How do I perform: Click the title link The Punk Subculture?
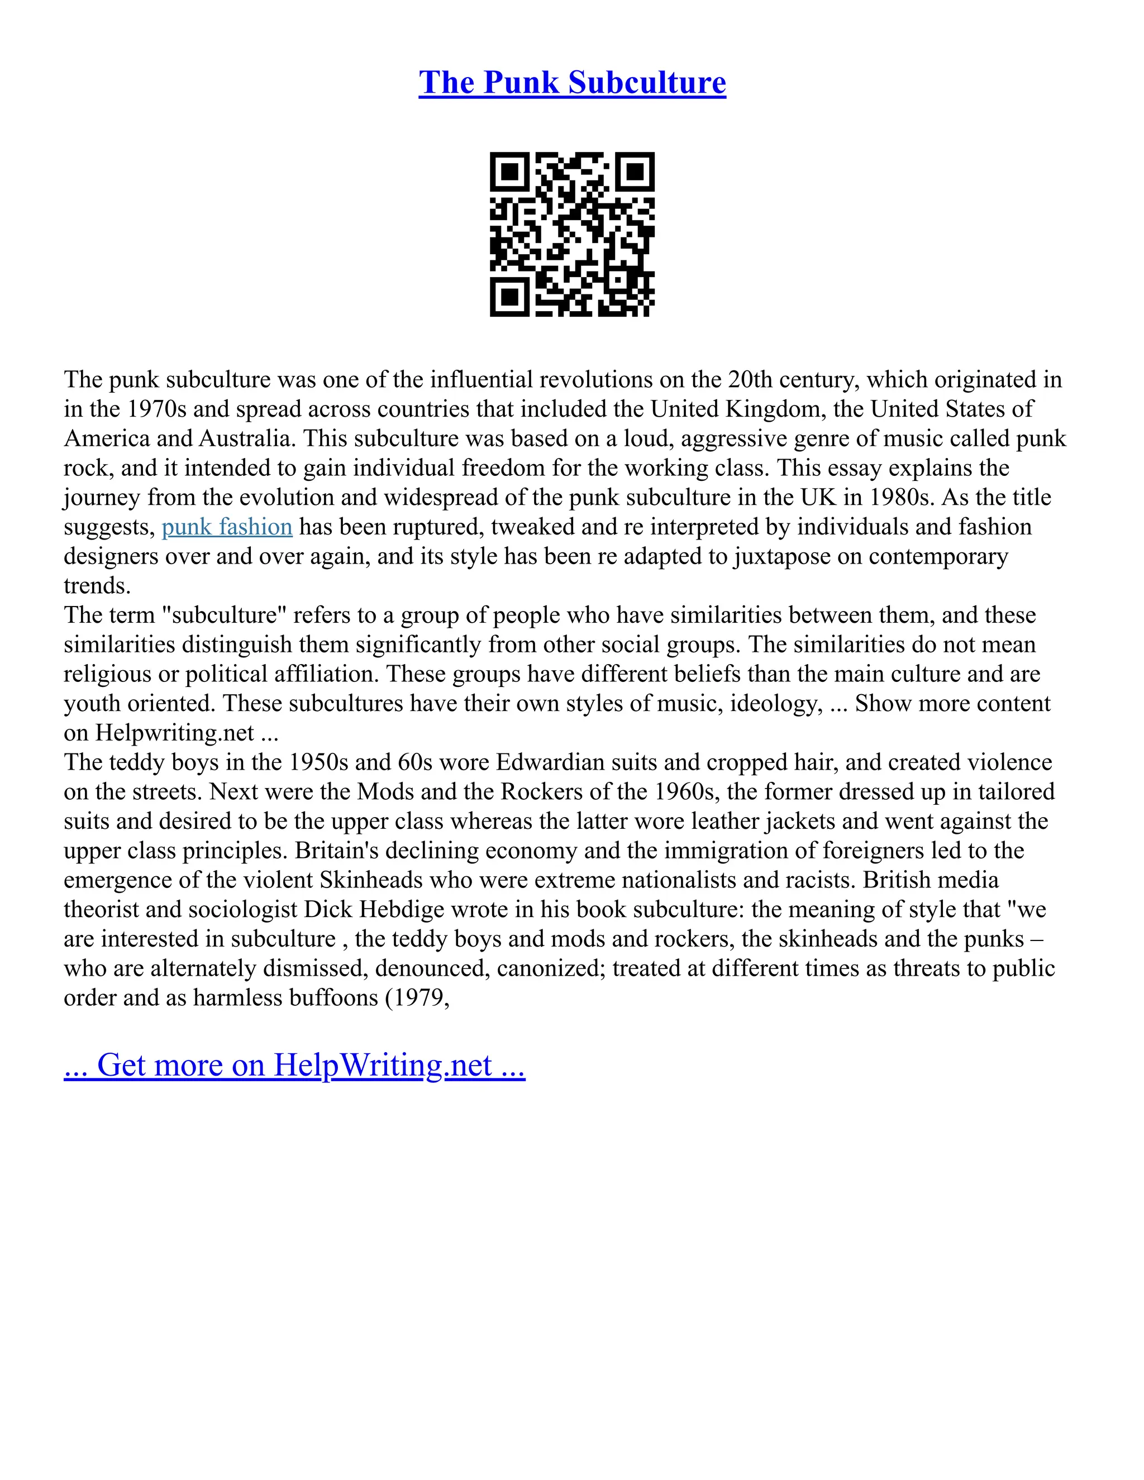572,83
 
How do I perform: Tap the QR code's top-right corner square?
635,172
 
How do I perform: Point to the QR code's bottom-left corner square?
509,297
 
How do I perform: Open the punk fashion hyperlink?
227,527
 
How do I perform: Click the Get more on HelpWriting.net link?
294,1064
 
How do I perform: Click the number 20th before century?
750,379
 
